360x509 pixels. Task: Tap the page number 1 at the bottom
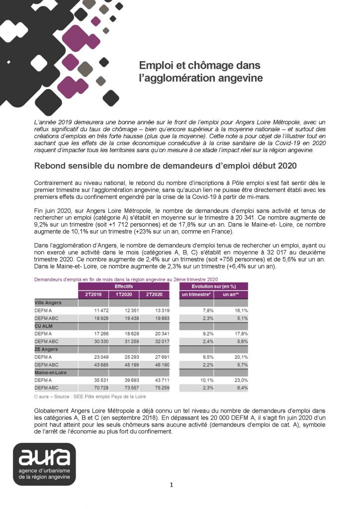pos(171,485)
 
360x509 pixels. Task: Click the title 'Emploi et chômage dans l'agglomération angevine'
pos(200,72)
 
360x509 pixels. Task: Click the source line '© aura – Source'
pos(90,397)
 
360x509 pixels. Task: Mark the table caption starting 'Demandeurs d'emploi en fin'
pos(126,280)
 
